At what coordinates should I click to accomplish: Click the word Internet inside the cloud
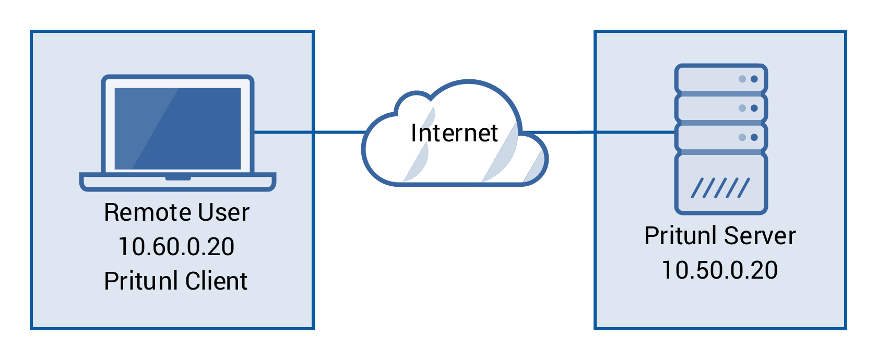coord(454,133)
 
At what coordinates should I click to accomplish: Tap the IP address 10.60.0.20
coord(176,247)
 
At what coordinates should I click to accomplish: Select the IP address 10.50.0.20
coord(720,270)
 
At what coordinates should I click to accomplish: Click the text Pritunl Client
coord(175,281)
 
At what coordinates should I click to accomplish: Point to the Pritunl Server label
coord(720,236)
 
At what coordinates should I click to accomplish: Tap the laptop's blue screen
coord(177,128)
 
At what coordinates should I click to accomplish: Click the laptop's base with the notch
coord(177,182)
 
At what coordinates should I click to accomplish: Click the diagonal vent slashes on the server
coord(720,188)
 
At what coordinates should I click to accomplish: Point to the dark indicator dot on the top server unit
coord(754,79)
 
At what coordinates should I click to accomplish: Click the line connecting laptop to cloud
coord(308,132)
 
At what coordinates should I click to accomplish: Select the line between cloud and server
coord(600,132)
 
